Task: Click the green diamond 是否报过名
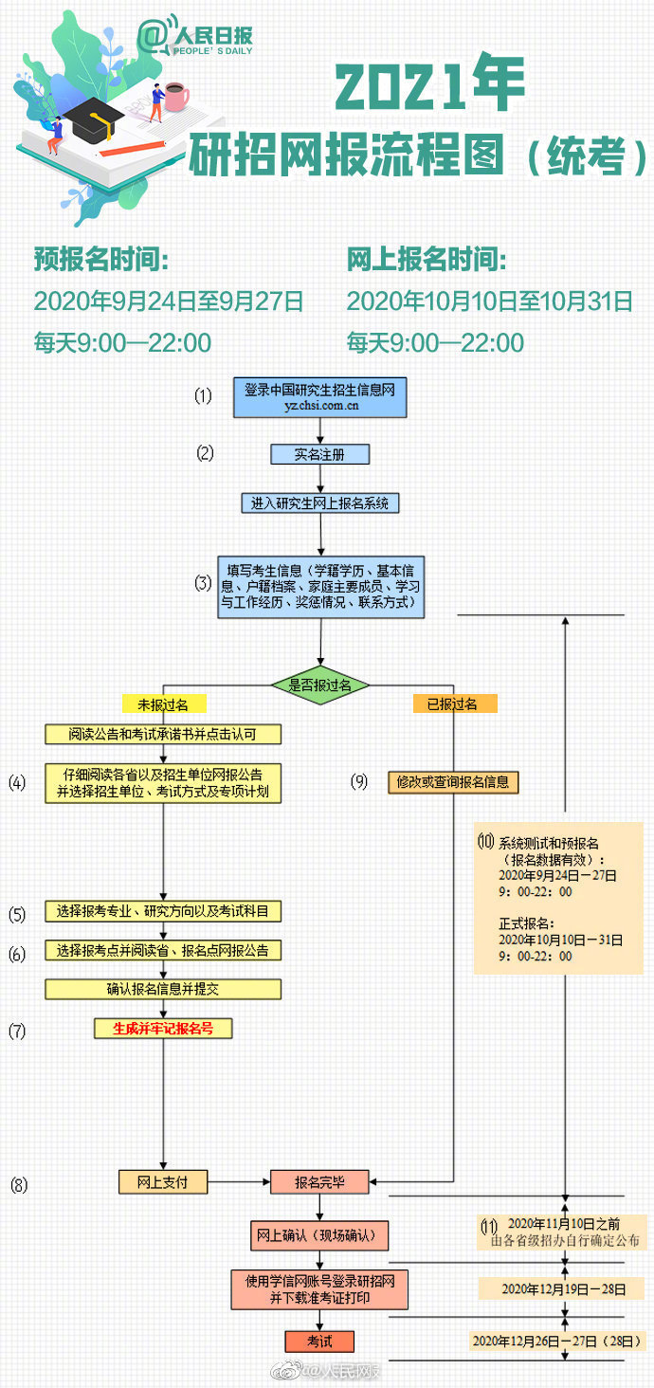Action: click(319, 684)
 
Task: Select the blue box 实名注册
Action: click(319, 454)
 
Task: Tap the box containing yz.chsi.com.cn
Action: click(320, 398)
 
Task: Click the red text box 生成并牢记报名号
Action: click(163, 1028)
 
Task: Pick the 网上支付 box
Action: click(163, 1182)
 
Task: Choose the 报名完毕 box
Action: click(319, 1182)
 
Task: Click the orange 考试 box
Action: click(319, 1342)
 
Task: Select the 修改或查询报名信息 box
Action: click(454, 782)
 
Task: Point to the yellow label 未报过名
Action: click(163, 704)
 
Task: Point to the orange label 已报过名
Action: click(455, 704)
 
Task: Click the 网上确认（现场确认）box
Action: click(319, 1236)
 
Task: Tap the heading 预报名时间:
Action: click(101, 259)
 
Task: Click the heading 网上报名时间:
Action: click(427, 259)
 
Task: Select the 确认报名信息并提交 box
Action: click(163, 989)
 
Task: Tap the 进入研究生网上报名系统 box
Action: click(319, 503)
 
